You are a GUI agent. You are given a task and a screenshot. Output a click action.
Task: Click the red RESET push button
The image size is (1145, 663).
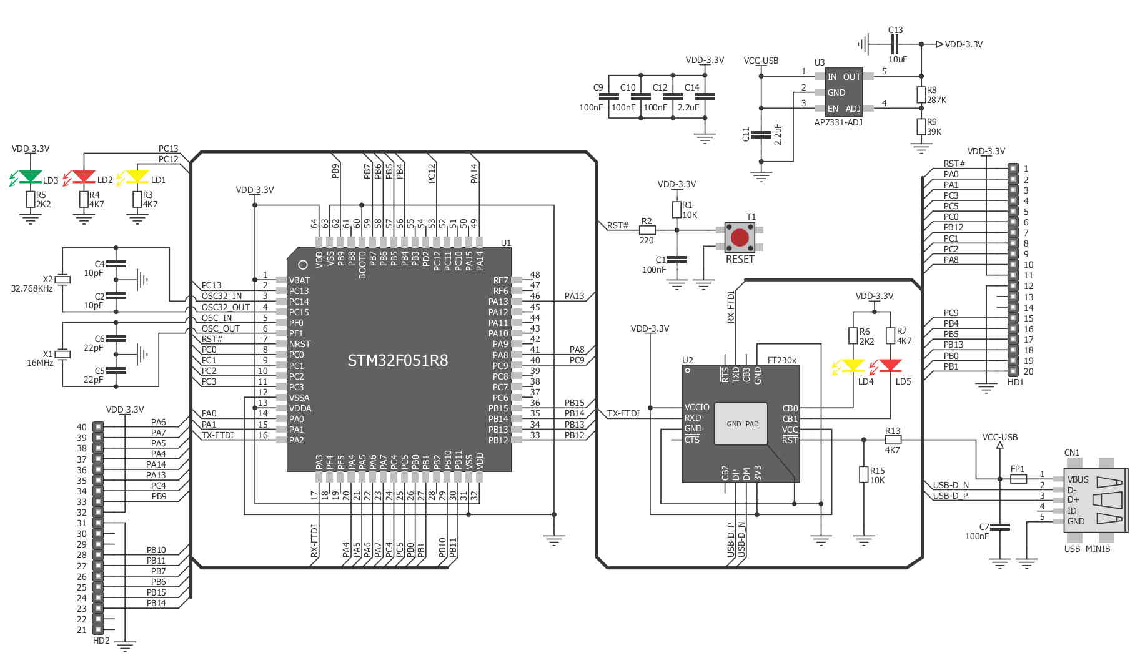click(x=740, y=237)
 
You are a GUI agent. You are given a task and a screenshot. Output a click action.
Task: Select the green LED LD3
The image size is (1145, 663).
click(x=30, y=177)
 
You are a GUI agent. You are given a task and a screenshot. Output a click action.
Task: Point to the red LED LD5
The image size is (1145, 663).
click(x=890, y=366)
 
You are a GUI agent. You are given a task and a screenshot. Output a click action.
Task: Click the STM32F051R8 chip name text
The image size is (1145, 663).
click(x=398, y=360)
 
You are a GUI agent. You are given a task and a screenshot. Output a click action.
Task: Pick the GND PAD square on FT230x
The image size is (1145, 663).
click(x=742, y=424)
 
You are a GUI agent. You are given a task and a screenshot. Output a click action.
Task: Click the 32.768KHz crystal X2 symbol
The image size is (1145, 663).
click(x=62, y=280)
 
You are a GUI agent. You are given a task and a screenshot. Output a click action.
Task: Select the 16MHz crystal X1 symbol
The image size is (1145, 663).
click(x=62, y=354)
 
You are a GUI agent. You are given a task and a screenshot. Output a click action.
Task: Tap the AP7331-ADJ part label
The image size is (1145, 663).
click(x=838, y=122)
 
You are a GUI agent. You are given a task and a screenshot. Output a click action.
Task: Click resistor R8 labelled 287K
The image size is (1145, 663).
click(x=921, y=95)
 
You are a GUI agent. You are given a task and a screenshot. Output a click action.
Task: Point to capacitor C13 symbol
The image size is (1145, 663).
click(x=895, y=44)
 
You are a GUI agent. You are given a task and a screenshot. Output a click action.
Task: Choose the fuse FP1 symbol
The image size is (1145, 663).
click(x=1018, y=479)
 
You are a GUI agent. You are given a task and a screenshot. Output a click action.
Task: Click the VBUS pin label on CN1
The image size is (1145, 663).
click(x=1078, y=479)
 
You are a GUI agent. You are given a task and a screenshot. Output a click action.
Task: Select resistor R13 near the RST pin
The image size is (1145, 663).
click(x=893, y=440)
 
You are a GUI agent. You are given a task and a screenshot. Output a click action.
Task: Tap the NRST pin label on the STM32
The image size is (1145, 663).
click(x=299, y=344)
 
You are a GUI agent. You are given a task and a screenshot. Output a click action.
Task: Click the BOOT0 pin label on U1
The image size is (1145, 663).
click(x=362, y=265)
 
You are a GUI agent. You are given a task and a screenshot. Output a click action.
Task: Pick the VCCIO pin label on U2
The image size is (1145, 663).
click(x=696, y=407)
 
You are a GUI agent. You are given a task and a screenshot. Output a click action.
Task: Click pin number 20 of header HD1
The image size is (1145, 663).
click(x=1028, y=371)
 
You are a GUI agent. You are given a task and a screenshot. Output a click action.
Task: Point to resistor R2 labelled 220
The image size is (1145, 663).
click(x=647, y=230)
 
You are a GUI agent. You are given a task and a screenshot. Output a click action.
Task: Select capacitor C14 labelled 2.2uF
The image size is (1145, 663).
click(x=705, y=97)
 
